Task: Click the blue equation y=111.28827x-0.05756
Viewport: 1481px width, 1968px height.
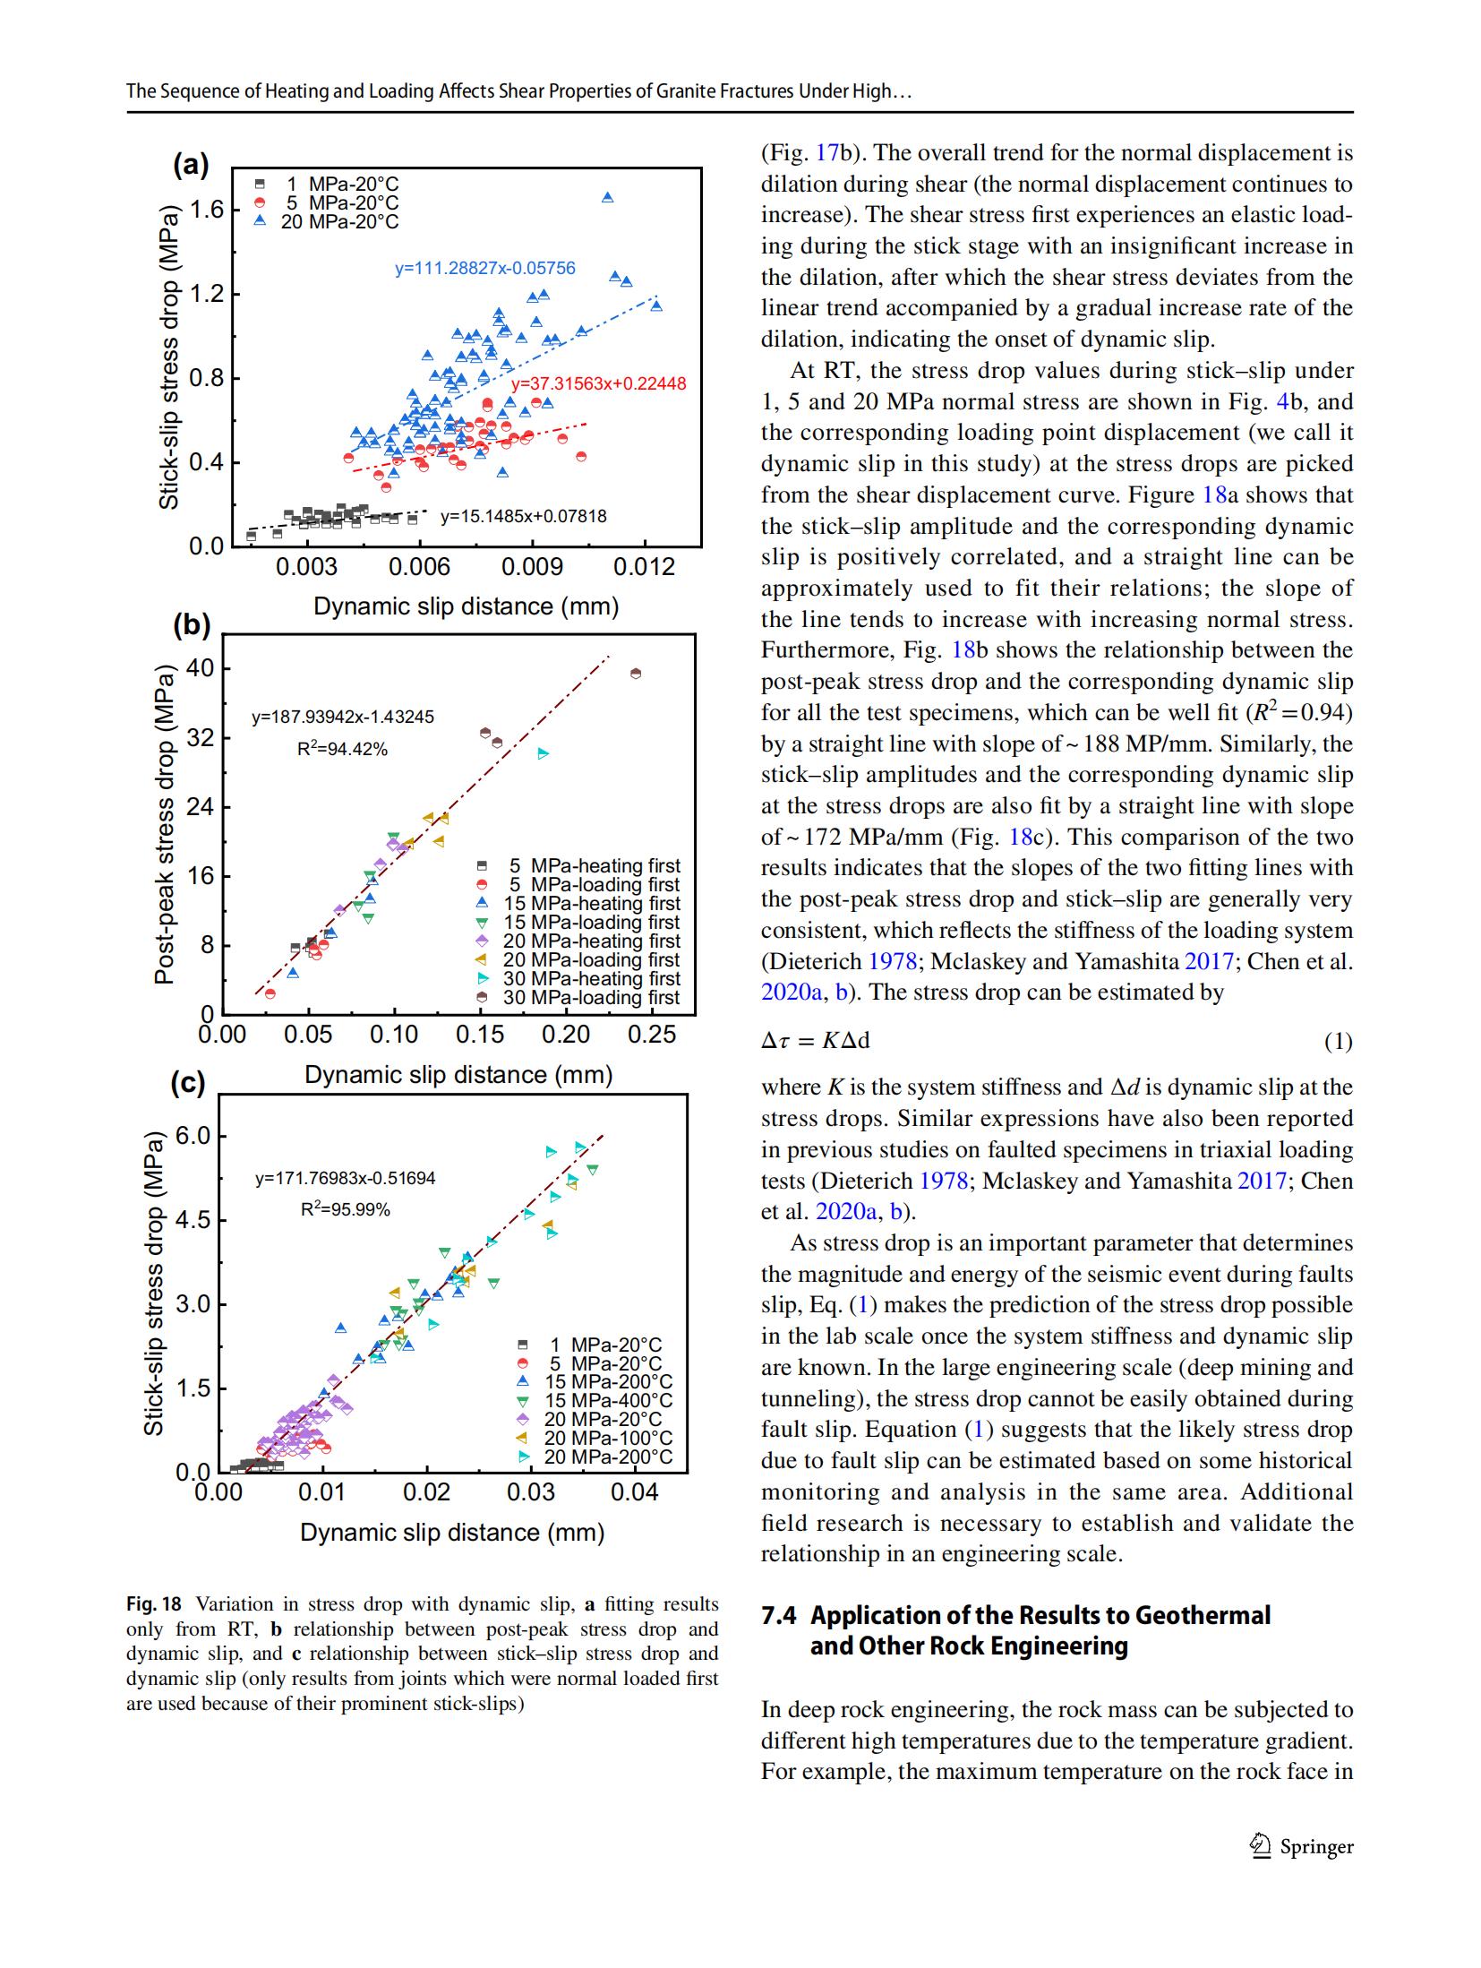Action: coord(484,268)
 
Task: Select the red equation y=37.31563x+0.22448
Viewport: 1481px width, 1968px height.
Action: coord(598,383)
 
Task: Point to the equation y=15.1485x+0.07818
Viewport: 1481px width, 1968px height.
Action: coord(523,516)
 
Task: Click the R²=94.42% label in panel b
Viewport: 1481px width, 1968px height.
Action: coord(342,749)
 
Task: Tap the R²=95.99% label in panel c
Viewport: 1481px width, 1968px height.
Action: coord(345,1209)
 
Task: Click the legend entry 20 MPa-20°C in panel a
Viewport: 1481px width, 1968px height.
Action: coord(339,221)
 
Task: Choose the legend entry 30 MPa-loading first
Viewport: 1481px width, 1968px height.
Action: coord(591,997)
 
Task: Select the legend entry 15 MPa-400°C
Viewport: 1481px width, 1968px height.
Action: coord(608,1400)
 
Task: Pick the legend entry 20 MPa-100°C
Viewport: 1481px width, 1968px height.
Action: coord(608,1438)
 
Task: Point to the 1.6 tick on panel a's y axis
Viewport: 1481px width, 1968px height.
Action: coord(207,211)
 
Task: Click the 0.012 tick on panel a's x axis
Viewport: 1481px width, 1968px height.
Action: coord(644,568)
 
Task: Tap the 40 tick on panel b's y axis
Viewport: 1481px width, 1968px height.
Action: coord(200,669)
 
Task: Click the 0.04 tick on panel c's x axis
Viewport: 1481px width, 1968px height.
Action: coord(634,1492)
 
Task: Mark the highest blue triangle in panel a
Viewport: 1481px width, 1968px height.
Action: coord(607,197)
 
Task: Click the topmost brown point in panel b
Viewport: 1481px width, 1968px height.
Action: coord(636,674)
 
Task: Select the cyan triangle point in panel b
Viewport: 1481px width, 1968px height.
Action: coord(543,753)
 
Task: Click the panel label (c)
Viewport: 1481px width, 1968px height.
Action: coord(188,1084)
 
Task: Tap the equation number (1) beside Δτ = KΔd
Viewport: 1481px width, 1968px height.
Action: coord(1338,1042)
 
